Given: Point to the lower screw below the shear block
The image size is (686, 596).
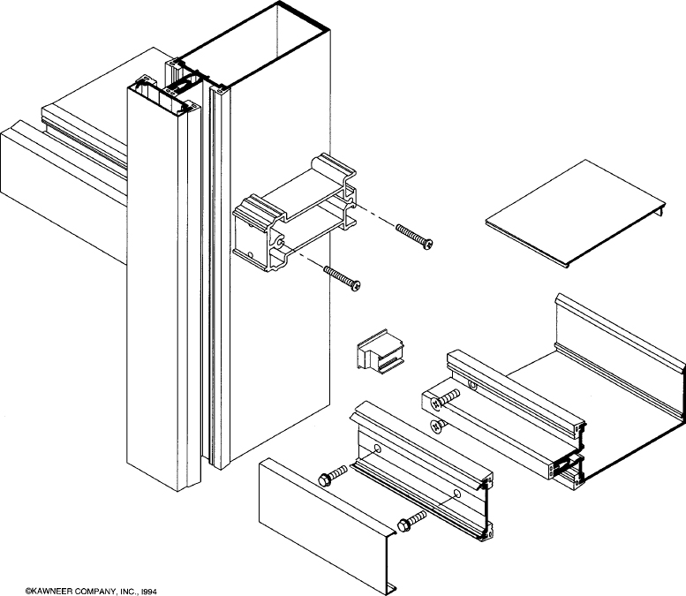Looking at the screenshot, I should [x=343, y=278].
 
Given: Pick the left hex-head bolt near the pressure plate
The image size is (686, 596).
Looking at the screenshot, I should [x=332, y=479].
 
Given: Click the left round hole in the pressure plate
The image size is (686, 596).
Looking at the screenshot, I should [x=378, y=450].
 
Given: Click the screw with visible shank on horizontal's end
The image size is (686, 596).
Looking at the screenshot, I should [x=447, y=399].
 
